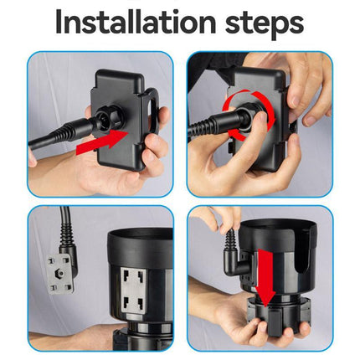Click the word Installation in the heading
(136, 22)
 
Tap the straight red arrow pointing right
(102, 141)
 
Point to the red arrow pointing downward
(265, 277)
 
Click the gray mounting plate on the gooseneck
(59, 274)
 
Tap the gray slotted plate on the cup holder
(133, 291)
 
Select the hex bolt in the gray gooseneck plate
(60, 273)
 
